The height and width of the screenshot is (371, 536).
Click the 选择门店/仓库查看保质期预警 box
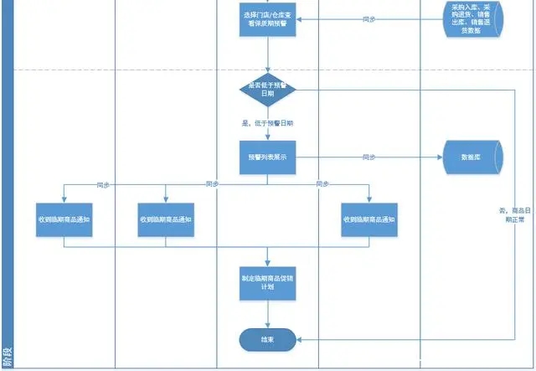(268, 19)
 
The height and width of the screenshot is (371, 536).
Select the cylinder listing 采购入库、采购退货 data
(472, 19)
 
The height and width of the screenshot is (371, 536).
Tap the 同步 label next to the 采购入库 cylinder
(368, 19)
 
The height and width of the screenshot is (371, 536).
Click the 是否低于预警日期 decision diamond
(268, 90)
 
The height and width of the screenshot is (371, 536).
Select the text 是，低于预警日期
(267, 123)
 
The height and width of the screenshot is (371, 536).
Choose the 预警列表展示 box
(268, 157)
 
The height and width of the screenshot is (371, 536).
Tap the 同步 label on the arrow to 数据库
(368, 157)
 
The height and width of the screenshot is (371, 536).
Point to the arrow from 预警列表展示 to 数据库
(402, 157)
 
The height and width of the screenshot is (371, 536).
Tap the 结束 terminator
(268, 339)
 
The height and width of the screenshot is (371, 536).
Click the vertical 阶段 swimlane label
(7, 355)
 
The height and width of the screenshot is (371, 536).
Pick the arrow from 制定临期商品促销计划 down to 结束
(268, 314)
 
